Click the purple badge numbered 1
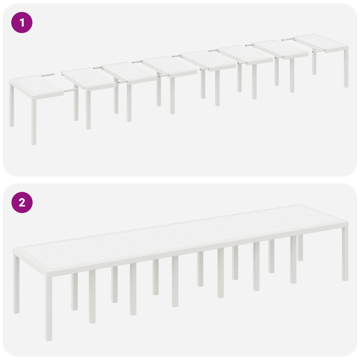[x=22, y=22]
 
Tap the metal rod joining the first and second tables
[x=69, y=90]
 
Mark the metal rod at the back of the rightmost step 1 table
[x=288, y=39]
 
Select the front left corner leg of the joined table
[x=49, y=310]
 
